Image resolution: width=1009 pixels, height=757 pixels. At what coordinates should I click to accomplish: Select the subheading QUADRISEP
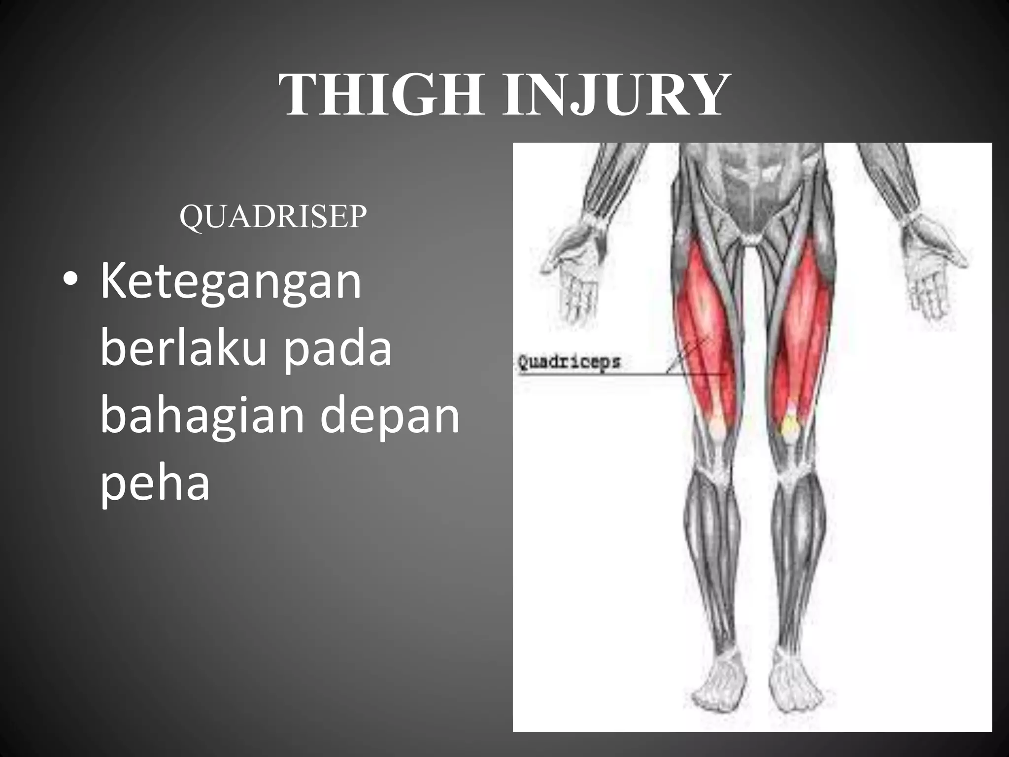273,216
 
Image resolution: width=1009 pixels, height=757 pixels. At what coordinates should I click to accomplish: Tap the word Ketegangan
231,282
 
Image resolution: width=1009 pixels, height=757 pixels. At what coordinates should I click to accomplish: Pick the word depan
390,416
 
